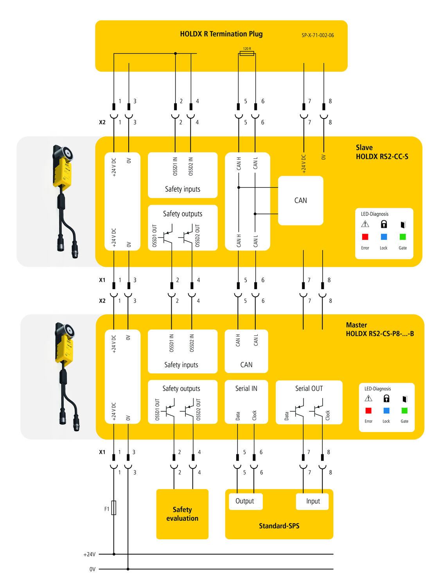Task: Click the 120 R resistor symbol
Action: point(247,54)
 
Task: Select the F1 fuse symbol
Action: point(114,508)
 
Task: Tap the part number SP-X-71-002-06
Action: point(318,35)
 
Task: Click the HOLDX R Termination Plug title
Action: point(221,34)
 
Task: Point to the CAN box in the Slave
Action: point(300,200)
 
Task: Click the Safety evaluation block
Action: point(182,514)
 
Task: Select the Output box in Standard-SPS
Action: point(245,501)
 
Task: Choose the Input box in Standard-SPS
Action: point(313,501)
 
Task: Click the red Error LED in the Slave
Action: point(365,237)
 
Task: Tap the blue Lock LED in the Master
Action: point(386,411)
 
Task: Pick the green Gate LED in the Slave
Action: point(402,237)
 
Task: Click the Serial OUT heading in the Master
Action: point(309,389)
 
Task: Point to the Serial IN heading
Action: point(246,389)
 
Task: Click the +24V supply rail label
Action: point(90,554)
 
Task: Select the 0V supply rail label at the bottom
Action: point(92,569)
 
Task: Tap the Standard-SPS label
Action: point(279,526)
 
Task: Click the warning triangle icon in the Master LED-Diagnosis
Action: point(368,398)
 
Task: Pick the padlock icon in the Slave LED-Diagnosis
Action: point(384,224)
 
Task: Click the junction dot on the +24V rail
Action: point(114,554)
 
